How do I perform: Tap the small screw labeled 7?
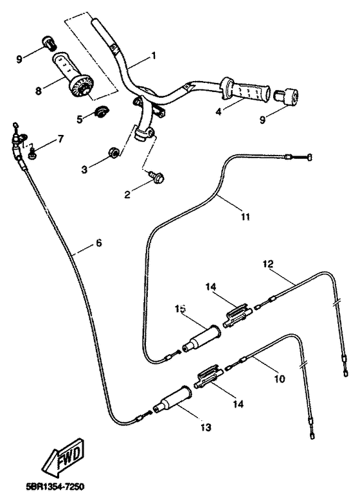point(30,153)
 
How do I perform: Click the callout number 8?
point(39,91)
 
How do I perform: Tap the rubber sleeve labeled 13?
point(173,401)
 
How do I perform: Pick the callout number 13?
point(206,426)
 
